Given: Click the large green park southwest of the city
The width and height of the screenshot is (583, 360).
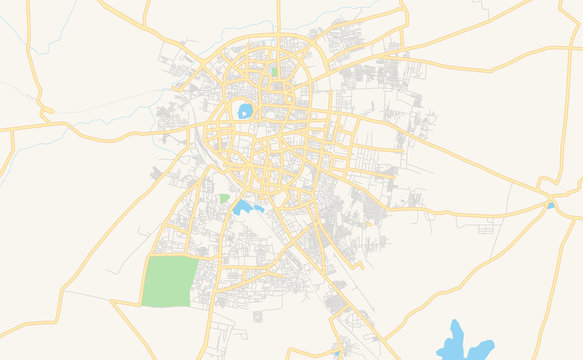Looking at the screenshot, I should pos(168,281).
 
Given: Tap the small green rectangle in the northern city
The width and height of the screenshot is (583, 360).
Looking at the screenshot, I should pos(274,72).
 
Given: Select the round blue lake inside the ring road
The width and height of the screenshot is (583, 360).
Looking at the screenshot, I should pos(245,111).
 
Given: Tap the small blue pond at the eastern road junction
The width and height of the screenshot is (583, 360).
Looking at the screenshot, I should pos(550,206).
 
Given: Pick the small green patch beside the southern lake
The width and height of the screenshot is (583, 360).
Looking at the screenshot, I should pos(224,198).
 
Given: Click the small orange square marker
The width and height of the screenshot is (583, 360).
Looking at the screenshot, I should pos(369,223).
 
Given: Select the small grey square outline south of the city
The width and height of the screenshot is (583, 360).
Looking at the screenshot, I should pos(257,317).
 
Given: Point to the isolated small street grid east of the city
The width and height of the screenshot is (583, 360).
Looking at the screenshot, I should pos(487,228).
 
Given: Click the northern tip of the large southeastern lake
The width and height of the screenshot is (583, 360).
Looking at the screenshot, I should pos(456,324).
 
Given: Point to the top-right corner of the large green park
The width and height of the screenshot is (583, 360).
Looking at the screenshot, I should pos(195,256).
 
